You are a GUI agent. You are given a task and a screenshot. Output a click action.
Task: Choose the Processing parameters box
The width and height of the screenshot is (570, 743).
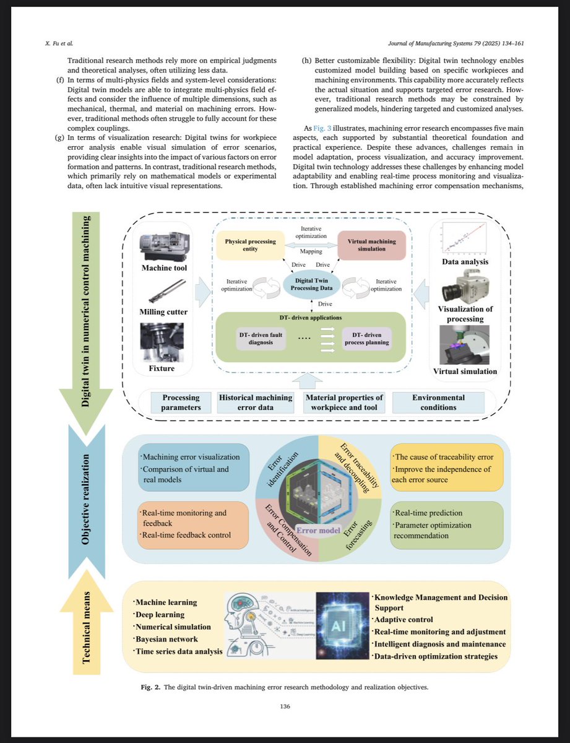point(181,402)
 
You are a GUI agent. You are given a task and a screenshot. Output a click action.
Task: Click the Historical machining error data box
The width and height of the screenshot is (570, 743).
point(255,402)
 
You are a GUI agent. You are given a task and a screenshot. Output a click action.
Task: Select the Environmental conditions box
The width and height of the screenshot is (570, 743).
point(438,402)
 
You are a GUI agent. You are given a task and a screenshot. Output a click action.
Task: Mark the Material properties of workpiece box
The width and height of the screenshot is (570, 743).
point(344,402)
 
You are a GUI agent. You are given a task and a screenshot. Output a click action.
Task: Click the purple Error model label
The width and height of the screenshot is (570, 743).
point(317,531)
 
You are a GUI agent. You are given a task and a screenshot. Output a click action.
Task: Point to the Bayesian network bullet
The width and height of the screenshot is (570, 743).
point(167,638)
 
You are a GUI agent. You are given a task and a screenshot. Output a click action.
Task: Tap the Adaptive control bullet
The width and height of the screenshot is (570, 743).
point(403,619)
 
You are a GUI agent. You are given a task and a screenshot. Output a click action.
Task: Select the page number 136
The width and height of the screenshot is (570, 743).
point(285,706)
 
